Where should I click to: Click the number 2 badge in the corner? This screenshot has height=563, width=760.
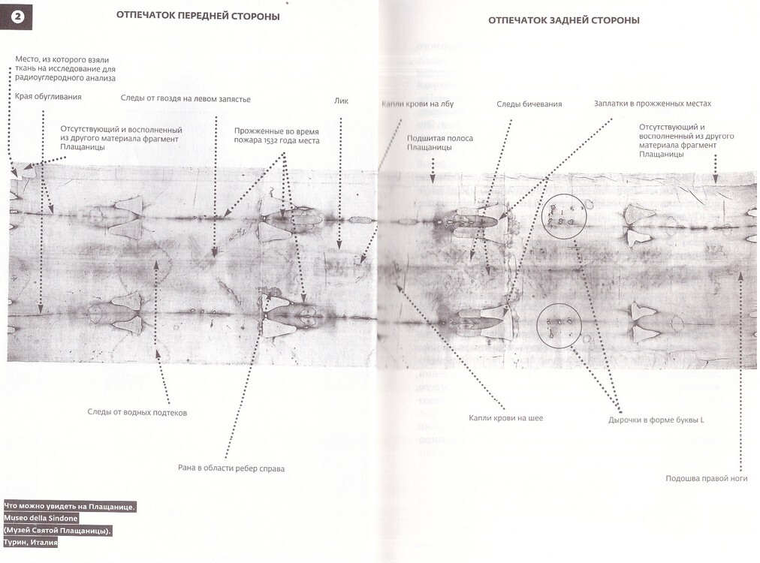click(17, 17)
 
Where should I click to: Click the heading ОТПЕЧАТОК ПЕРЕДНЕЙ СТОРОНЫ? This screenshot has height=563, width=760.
click(198, 17)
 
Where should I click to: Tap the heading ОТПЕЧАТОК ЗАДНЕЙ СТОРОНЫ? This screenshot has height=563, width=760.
click(563, 20)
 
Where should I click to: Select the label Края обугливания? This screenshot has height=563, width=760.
click(48, 97)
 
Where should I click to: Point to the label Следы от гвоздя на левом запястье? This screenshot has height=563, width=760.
click(185, 99)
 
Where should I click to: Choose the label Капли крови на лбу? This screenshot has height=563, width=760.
click(418, 104)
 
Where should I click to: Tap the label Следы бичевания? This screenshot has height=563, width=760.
click(529, 104)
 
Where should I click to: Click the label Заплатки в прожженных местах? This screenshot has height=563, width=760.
click(652, 104)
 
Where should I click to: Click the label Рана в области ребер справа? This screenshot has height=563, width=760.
click(231, 469)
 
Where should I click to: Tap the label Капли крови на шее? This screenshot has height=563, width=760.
click(505, 417)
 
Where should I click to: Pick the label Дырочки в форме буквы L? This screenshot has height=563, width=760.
click(656, 420)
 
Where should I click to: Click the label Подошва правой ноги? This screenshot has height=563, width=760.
click(706, 479)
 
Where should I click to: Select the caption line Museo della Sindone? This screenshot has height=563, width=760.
click(41, 518)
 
